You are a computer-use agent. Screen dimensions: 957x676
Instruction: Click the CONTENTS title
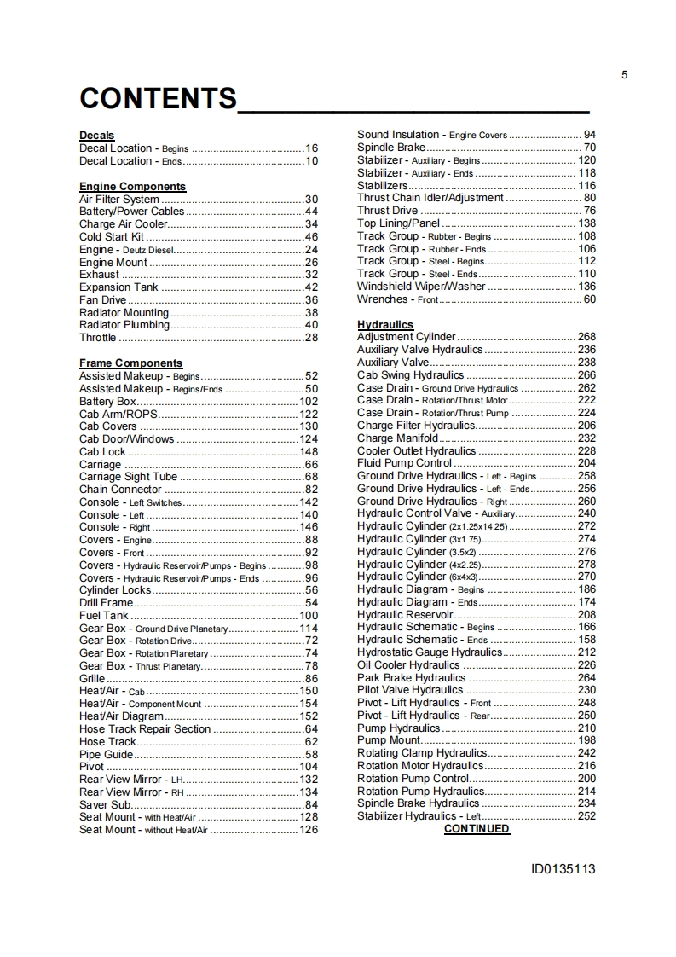pyautogui.click(x=158, y=98)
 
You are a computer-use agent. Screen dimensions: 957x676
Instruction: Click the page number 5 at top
pyautogui.click(x=624, y=75)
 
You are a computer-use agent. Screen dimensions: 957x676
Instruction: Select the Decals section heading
pyautogui.click(x=96, y=136)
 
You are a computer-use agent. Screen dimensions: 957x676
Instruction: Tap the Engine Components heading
pyautogui.click(x=132, y=186)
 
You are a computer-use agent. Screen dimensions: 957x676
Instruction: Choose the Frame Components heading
pyautogui.click(x=130, y=363)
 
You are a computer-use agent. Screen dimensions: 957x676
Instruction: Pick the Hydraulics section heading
pyautogui.click(x=385, y=325)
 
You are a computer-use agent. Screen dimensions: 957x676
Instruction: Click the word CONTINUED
pyautogui.click(x=477, y=829)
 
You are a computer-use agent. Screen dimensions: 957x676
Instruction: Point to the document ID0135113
pyautogui.click(x=563, y=870)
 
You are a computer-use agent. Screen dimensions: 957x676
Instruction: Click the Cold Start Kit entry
pyautogui.click(x=112, y=237)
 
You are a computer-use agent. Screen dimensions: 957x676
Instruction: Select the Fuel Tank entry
pyautogui.click(x=104, y=615)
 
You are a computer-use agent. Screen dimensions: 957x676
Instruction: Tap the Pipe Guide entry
pyautogui.click(x=107, y=754)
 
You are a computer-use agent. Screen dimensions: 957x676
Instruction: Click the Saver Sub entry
pyautogui.click(x=105, y=804)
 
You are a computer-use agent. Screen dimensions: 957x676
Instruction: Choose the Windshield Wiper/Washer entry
pyautogui.click(x=421, y=287)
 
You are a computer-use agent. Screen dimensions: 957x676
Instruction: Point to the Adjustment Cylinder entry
pyautogui.click(x=407, y=337)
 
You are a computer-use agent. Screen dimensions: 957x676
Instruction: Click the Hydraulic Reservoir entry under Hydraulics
pyautogui.click(x=405, y=614)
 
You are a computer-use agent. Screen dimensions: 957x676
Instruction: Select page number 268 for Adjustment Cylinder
pyautogui.click(x=586, y=337)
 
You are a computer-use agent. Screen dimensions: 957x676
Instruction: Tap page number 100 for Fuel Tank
pyautogui.click(x=309, y=615)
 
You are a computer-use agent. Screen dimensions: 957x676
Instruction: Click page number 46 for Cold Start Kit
pyautogui.click(x=311, y=237)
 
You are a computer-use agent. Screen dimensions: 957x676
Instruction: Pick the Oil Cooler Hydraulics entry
pyautogui.click(x=408, y=665)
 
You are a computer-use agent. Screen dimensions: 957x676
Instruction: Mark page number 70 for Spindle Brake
pyautogui.click(x=590, y=148)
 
